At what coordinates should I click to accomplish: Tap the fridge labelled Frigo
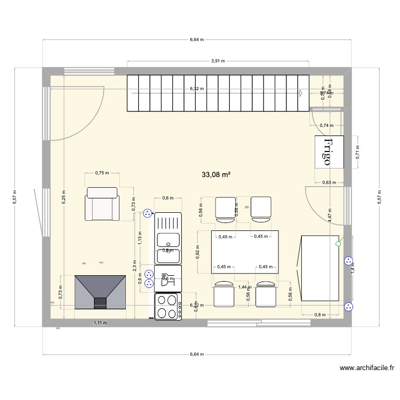329,153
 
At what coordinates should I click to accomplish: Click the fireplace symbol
100,292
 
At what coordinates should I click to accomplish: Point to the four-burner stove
167,306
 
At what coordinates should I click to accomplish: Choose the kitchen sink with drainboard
167,238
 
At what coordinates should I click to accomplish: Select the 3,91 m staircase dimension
218,61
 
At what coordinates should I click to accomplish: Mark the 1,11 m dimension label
100,323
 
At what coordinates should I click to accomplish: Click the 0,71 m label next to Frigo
358,153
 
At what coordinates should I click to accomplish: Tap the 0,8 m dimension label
320,315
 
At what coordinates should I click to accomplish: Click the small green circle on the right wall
337,244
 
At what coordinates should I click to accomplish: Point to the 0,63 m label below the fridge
329,182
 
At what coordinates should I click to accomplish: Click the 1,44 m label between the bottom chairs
243,287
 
